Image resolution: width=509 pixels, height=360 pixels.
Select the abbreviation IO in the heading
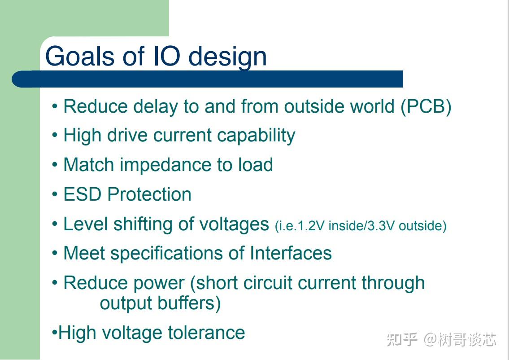[166, 56]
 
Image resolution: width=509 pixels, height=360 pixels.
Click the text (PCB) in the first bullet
[426, 106]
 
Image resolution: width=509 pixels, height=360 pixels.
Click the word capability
[256, 136]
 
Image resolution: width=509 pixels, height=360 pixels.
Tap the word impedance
[165, 165]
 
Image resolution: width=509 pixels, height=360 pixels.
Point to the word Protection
[149, 194]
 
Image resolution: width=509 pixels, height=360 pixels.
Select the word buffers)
[189, 303]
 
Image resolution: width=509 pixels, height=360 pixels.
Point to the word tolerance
[206, 333]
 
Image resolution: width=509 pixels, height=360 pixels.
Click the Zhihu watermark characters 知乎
[402, 339]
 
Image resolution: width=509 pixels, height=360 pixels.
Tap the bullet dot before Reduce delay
[55, 106]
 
